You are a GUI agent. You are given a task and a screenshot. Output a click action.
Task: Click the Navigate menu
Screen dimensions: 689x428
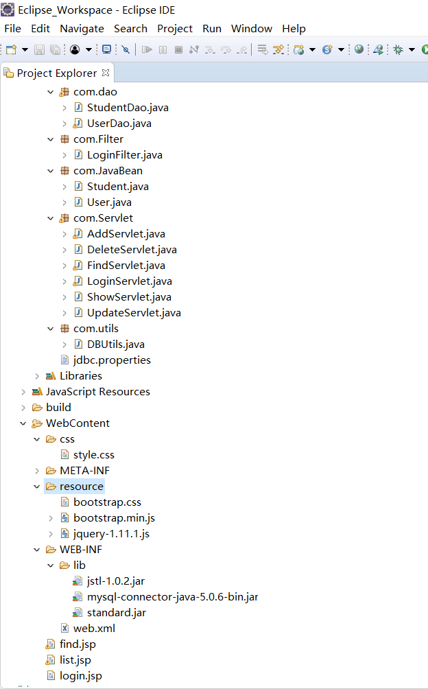[x=82, y=28]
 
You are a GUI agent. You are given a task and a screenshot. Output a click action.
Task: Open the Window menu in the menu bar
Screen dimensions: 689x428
[x=251, y=28]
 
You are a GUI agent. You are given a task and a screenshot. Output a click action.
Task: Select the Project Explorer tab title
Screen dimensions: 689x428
[x=56, y=73]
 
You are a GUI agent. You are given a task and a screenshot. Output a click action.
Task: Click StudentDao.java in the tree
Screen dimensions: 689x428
[x=128, y=107]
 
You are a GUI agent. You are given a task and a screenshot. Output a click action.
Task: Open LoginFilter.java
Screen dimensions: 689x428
[x=124, y=154]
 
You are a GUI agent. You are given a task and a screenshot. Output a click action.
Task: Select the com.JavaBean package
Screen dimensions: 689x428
[x=108, y=170]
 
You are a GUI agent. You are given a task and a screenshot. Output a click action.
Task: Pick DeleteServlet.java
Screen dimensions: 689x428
[x=132, y=249]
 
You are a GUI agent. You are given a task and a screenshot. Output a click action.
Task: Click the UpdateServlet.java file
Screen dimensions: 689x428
[x=134, y=312]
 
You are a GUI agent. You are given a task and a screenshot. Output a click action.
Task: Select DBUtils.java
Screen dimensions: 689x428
[x=115, y=344]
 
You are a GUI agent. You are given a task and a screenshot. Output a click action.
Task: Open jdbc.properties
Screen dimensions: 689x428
[x=112, y=360]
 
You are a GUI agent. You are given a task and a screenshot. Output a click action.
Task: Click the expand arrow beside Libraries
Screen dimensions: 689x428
[x=37, y=376]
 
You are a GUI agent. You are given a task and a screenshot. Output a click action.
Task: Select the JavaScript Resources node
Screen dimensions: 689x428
[x=97, y=391]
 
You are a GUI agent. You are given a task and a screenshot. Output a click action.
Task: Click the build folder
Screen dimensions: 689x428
[x=58, y=407]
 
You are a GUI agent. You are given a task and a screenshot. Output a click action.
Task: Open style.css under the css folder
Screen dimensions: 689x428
[x=93, y=454]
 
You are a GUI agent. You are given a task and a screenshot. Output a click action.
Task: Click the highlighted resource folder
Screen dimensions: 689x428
[x=81, y=486]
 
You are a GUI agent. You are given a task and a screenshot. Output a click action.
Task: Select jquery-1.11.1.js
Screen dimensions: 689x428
[x=111, y=533]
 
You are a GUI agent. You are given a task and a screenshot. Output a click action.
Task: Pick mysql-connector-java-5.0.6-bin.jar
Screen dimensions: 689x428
[x=172, y=596]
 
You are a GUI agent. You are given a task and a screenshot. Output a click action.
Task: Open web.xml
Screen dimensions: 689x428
[x=94, y=628]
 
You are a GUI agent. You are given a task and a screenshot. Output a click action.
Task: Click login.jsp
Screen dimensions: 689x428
[x=80, y=675]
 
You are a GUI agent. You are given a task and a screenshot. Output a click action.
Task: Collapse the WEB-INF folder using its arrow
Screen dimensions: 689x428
[x=37, y=550]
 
